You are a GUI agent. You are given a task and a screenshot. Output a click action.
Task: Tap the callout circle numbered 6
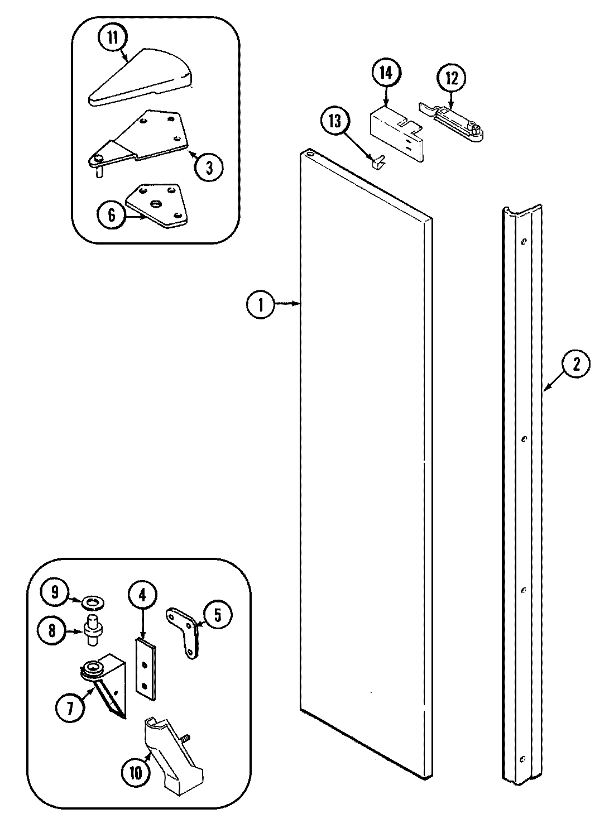[x=112, y=215]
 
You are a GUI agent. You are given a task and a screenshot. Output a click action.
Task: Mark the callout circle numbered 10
[x=136, y=773]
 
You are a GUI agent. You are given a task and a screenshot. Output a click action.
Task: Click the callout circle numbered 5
[x=218, y=615]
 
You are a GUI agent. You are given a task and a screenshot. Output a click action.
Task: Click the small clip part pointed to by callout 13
[x=378, y=161]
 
